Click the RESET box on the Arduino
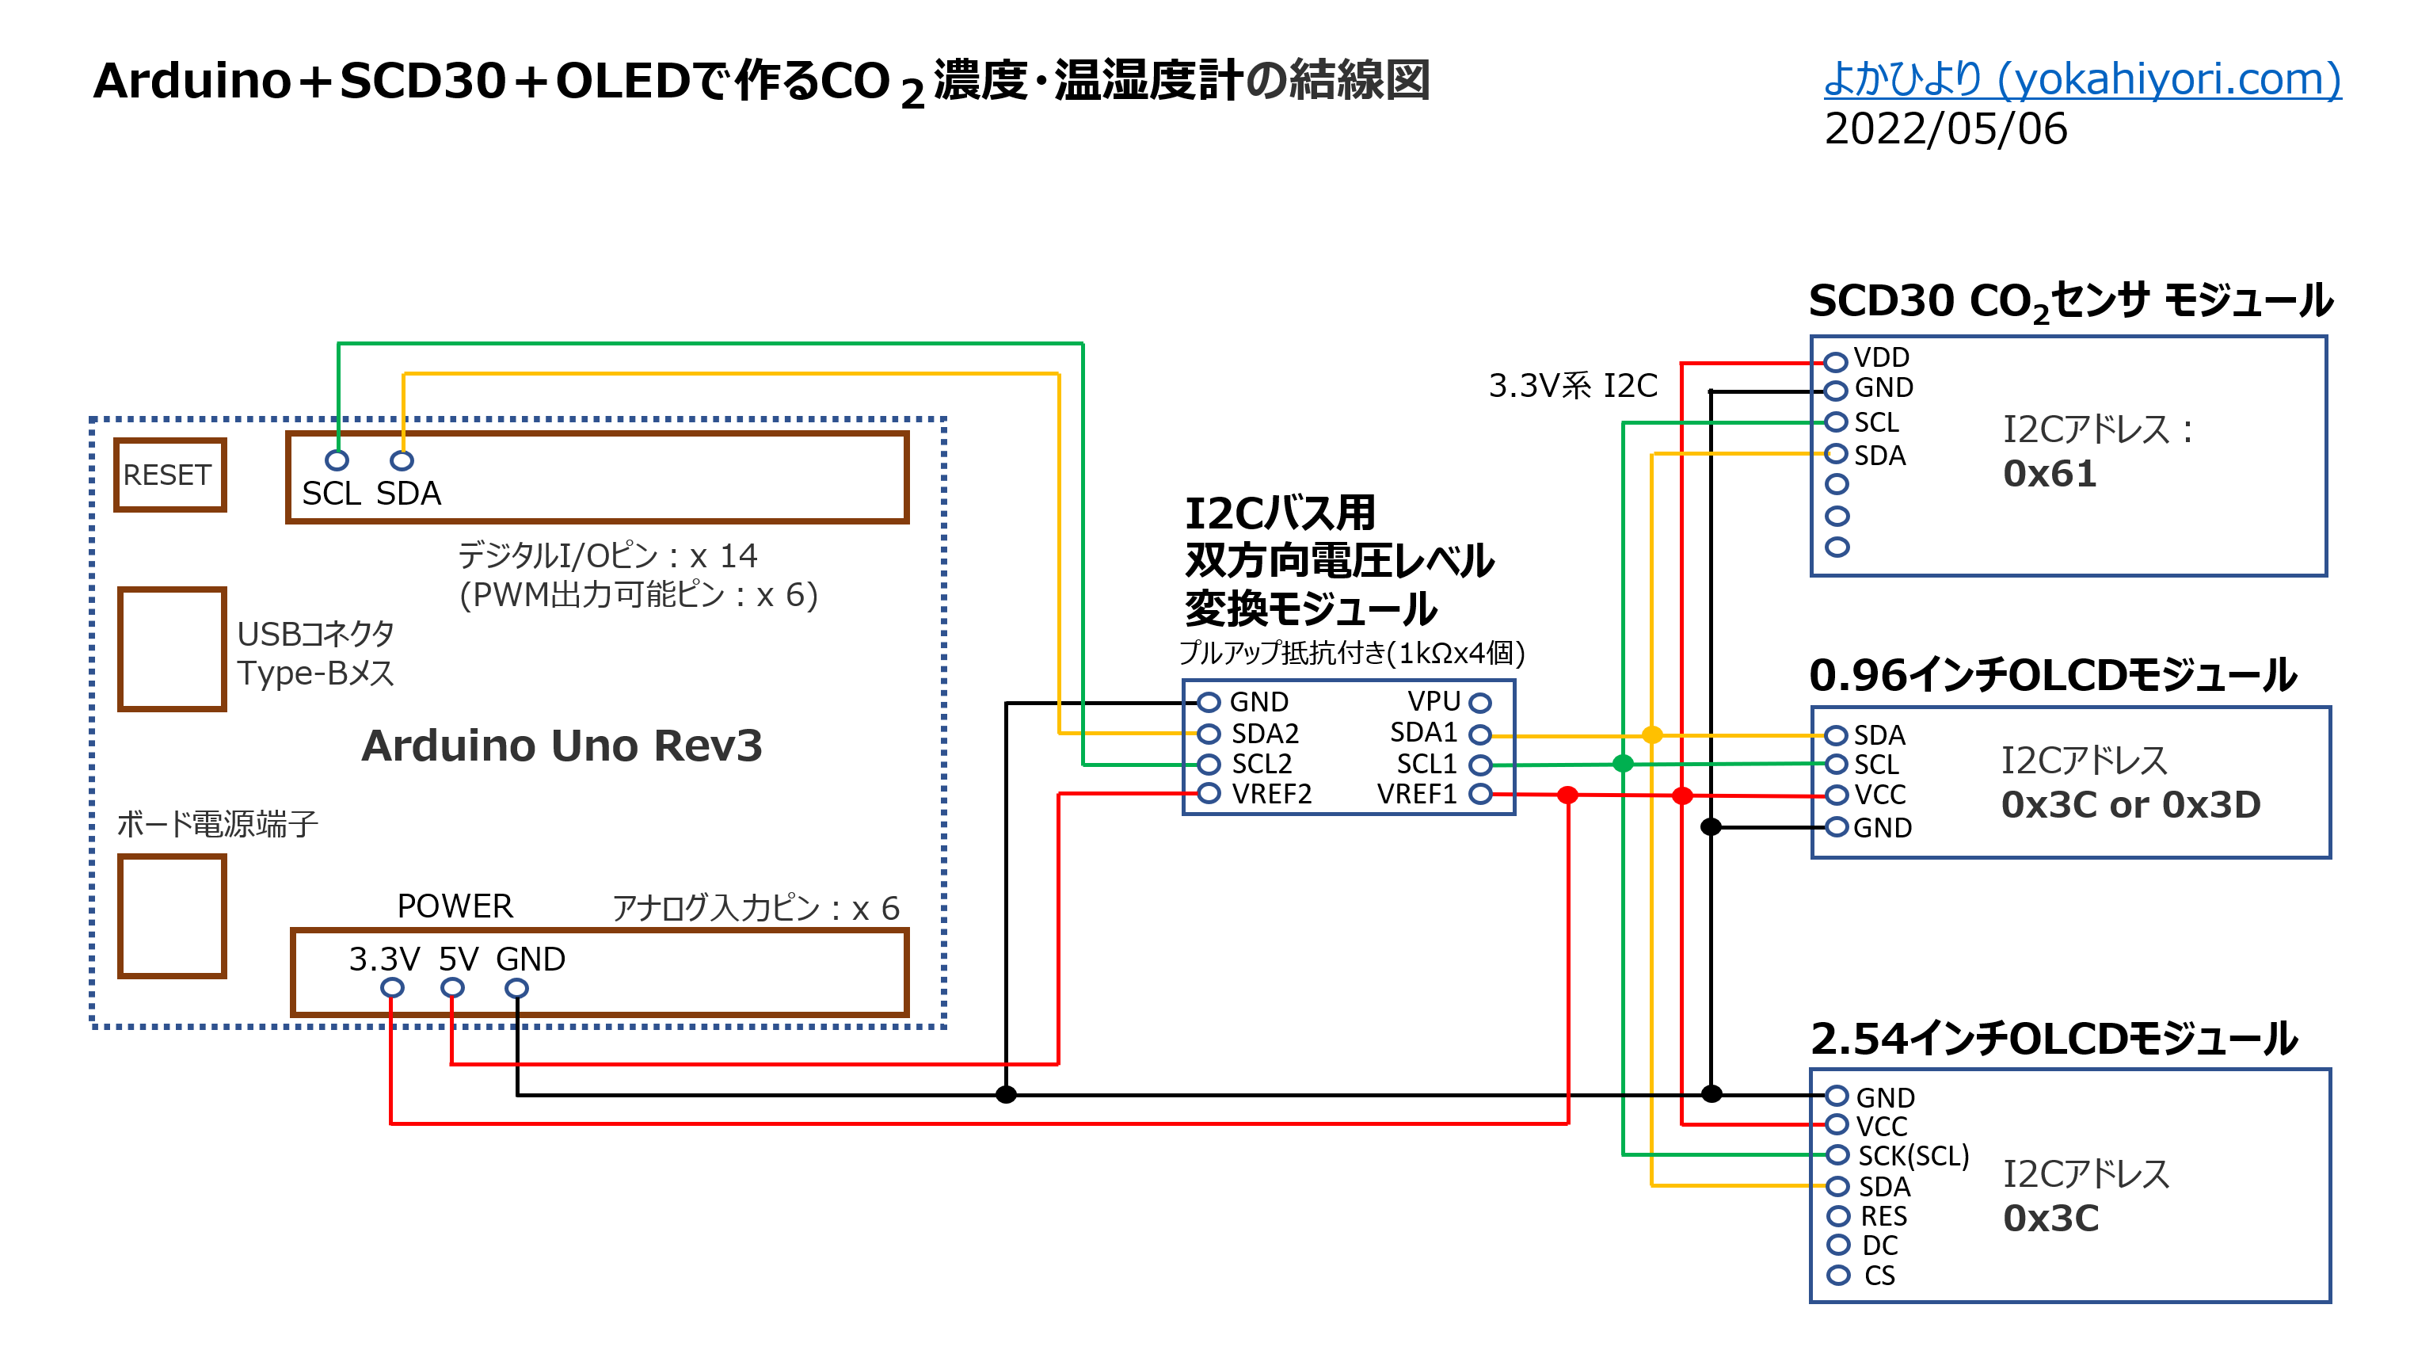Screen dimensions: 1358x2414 [x=169, y=475]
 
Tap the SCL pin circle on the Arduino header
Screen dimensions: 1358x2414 [x=337, y=460]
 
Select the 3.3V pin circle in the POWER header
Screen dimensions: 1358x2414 [x=393, y=988]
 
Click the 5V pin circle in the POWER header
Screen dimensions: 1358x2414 [x=453, y=988]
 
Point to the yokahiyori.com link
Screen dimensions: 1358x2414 [x=2082, y=80]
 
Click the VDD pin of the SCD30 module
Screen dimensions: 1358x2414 [x=1836, y=360]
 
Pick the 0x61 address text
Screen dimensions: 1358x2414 [x=2050, y=475]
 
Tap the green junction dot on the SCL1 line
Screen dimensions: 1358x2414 [x=1623, y=764]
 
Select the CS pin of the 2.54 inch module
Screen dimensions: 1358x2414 [x=1838, y=1275]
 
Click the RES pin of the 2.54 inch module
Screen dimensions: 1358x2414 [x=1838, y=1215]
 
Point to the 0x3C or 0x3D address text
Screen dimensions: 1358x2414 [x=2130, y=805]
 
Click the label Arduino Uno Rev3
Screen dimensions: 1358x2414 [x=562, y=746]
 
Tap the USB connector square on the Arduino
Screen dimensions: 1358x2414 [x=173, y=649]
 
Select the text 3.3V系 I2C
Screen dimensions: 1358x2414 [x=1572, y=386]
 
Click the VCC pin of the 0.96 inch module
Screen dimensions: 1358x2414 [x=1836, y=795]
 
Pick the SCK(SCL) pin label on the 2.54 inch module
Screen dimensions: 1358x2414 [x=1913, y=1155]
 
